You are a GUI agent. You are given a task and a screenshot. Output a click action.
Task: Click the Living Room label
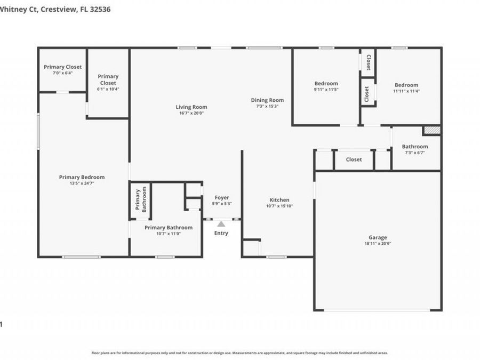pyautogui.click(x=191, y=107)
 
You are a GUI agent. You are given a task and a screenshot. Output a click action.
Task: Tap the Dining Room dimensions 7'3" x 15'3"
pyautogui.click(x=267, y=106)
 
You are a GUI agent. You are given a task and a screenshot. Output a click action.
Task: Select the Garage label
pyautogui.click(x=378, y=237)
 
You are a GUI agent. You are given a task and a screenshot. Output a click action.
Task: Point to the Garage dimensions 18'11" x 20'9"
pyautogui.click(x=378, y=244)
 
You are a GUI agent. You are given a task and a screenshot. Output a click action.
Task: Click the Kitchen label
pyautogui.click(x=279, y=200)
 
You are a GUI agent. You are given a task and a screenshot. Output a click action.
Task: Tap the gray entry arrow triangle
pyautogui.click(x=221, y=224)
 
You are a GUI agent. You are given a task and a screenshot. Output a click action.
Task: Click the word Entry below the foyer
pyautogui.click(x=221, y=233)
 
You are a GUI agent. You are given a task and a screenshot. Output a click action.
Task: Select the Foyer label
pyautogui.click(x=222, y=197)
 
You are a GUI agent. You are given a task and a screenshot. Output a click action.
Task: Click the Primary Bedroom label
pyautogui.click(x=82, y=177)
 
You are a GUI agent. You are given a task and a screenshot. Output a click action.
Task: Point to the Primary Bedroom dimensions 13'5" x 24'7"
pyautogui.click(x=82, y=183)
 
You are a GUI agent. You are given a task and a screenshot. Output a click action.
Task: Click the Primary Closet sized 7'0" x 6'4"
pyautogui.click(x=62, y=67)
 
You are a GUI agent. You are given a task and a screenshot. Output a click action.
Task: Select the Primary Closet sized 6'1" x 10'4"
pyautogui.click(x=108, y=80)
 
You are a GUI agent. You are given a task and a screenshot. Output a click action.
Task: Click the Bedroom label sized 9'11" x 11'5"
pyautogui.click(x=326, y=83)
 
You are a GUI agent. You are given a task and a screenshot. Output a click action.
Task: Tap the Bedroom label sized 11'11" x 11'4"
pyautogui.click(x=406, y=85)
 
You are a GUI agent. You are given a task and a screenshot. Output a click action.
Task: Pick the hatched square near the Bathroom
pyautogui.click(x=431, y=130)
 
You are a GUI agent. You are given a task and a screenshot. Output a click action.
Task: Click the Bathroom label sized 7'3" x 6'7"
pyautogui.click(x=414, y=147)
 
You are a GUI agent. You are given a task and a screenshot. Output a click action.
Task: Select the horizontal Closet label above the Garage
pyautogui.click(x=354, y=159)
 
